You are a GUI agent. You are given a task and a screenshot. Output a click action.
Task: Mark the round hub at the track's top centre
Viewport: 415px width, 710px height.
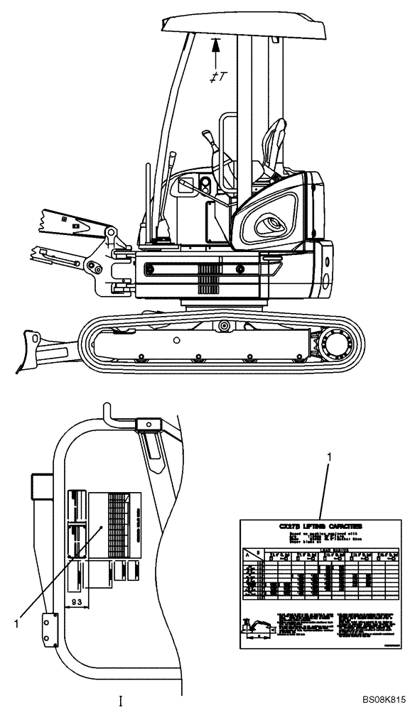point(224,326)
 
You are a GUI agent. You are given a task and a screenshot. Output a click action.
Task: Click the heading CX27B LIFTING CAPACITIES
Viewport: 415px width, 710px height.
point(320,526)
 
